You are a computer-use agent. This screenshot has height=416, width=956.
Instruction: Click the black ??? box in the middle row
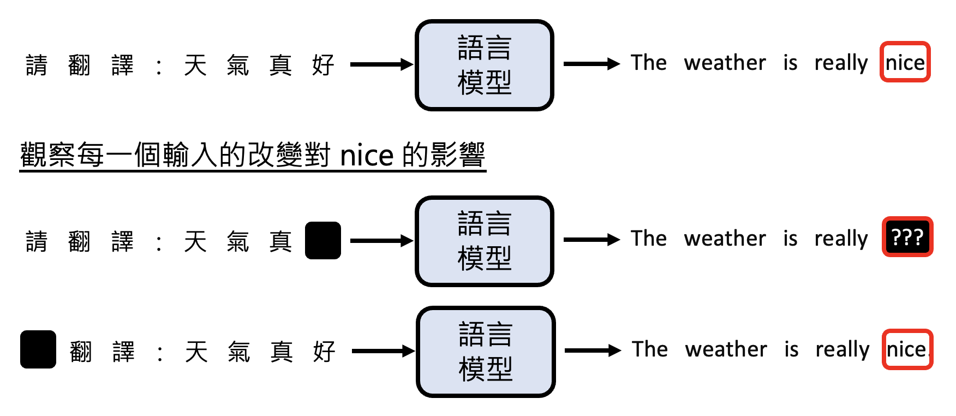pos(907,237)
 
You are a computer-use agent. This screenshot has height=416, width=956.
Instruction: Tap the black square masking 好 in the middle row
pos(323,240)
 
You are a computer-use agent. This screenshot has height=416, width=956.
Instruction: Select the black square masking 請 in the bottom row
pos(38,349)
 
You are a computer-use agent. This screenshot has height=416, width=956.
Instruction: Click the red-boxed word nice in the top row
pos(905,62)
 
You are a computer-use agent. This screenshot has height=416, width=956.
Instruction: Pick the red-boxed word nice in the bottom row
pos(907,349)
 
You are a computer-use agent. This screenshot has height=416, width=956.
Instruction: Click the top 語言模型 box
pos(485,65)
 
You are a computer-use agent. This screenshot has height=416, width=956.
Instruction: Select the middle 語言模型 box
pos(485,241)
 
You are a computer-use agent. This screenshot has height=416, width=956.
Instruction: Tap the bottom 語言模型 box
pos(486,352)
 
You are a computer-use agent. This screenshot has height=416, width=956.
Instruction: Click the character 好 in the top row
pos(323,65)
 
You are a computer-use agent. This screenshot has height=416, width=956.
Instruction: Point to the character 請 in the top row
pos(37,65)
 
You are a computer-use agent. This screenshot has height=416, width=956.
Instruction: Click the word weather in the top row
pos(725,63)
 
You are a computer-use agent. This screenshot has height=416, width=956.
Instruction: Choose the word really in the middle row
pos(841,239)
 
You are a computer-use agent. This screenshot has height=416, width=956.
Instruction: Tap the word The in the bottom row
pos(649,349)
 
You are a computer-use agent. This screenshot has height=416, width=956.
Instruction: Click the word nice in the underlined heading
pos(366,156)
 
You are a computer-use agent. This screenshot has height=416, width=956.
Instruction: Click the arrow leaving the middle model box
pos(591,239)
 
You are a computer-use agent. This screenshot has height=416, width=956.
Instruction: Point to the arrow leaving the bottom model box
pos(592,350)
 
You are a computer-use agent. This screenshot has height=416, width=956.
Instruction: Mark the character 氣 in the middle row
pos(238,241)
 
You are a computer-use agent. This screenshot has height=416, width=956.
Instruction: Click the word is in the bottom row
pos(791,349)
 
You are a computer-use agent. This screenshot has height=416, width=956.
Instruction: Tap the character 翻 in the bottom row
pos(81,352)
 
